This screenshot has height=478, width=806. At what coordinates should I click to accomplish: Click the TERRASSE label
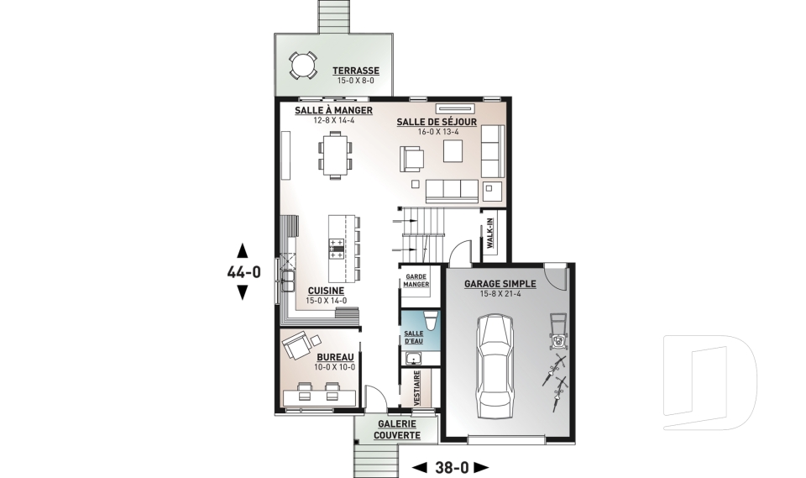pos(355,71)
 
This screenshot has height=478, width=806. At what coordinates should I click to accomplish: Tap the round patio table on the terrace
pos(301,64)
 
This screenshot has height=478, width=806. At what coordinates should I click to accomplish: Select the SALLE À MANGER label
pos(332,111)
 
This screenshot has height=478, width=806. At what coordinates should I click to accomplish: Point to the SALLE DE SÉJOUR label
pos(436,122)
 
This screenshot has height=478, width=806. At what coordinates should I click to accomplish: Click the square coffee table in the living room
pos(454,150)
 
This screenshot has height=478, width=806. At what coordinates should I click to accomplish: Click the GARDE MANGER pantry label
pos(416,280)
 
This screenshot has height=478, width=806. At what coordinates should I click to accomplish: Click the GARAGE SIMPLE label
pos(500,284)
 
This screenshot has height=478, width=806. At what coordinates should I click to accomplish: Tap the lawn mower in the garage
pos(556,331)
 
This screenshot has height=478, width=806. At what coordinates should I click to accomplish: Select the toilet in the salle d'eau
pos(428,320)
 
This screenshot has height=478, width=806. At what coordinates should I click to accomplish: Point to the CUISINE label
pos(307,290)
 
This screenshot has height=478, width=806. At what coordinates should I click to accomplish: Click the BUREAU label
pos(335,357)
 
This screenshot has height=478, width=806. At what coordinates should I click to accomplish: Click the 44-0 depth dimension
pos(243,271)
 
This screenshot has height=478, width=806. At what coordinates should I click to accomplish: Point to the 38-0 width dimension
pos(452,466)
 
